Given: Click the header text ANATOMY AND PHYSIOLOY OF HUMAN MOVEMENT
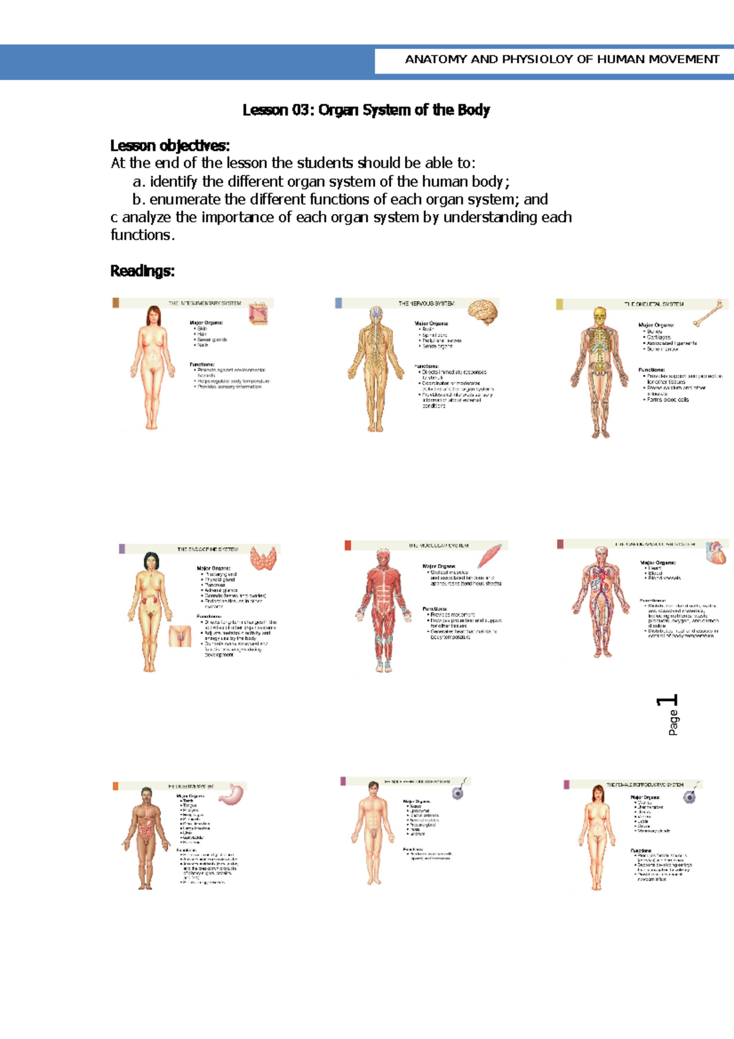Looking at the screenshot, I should tap(562, 59).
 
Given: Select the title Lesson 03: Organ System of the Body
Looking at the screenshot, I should tap(366, 110).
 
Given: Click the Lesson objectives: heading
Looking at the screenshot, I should tap(170, 146).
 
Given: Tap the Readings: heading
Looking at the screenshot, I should tap(143, 271).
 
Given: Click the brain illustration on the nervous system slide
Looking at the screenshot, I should tap(483, 312).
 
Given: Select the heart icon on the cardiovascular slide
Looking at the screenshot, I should tap(716, 553).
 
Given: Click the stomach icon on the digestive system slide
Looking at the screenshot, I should tap(232, 795).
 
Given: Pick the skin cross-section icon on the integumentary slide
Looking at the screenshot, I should tap(258, 315).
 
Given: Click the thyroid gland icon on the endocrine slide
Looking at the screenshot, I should tap(264, 558).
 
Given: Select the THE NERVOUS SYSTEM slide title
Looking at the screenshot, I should tap(426, 304).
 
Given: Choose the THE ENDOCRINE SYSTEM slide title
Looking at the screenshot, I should tap(207, 549).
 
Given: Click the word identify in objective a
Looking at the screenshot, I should tap(174, 182).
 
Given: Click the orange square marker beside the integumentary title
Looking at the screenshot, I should tap(116, 303).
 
